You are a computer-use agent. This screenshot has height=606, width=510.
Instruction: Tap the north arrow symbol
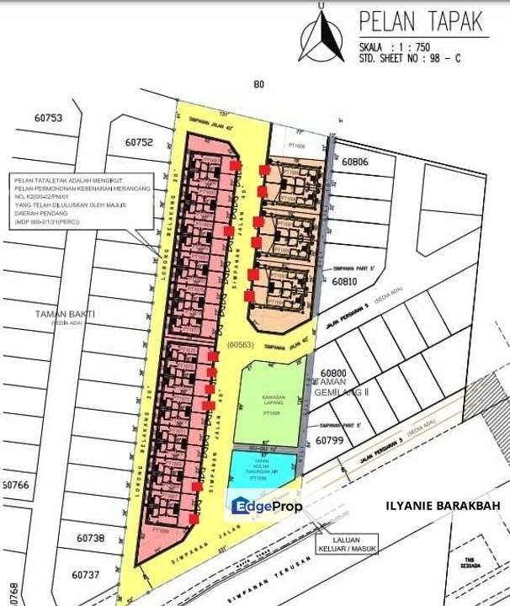pos(321,35)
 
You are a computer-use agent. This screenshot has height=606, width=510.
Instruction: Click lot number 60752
pos(138,142)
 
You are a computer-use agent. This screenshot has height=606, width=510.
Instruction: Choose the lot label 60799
pos(331,440)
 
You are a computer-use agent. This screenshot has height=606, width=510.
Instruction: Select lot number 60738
pos(90,538)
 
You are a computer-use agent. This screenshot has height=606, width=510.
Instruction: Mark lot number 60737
pos(86,576)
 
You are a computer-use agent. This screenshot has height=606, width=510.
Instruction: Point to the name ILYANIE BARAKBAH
pos(442,505)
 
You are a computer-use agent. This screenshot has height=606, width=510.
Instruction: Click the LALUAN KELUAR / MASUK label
pos(353,545)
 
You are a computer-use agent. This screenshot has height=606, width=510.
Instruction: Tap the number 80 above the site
pos(258,83)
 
